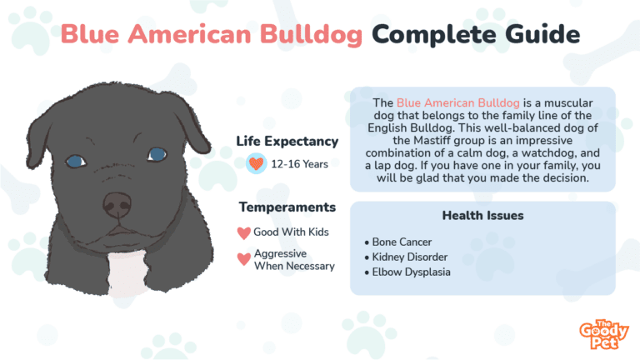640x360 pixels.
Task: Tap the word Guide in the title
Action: coord(542,33)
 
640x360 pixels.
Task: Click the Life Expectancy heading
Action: coord(287,142)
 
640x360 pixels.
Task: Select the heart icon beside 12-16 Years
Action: coord(257,163)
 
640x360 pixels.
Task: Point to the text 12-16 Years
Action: coord(300,164)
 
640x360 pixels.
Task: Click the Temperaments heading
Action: coord(287,207)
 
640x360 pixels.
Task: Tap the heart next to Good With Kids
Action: coord(243,233)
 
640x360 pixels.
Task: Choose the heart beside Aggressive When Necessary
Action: coord(243,259)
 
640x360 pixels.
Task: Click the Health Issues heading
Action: coord(482,216)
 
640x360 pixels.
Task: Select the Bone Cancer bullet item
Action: coord(398,242)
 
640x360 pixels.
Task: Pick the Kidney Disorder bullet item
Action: coord(406,257)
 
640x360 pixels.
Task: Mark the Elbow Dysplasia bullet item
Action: coord(407,272)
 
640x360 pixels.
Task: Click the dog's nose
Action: coord(117,205)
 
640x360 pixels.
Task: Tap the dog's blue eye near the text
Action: coord(157,154)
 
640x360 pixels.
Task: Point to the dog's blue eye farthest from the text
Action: coord(76,161)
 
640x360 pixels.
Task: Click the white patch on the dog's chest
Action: coord(128,272)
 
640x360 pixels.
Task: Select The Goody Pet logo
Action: coord(604,334)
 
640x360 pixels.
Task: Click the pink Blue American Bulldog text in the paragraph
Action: coord(458,102)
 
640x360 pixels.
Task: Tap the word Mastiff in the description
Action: coord(432,141)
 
